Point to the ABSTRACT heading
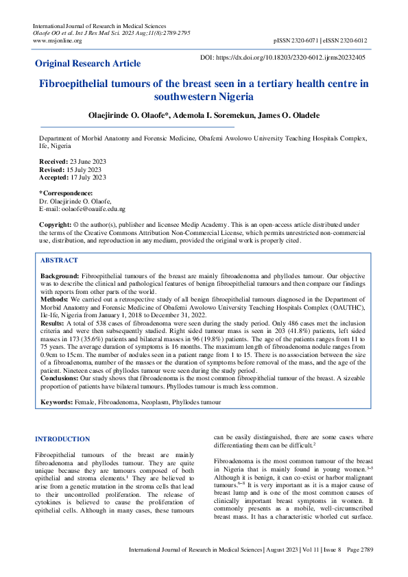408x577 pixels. pyautogui.click(x=59, y=260)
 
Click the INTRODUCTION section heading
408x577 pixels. pyautogui.click(x=62, y=439)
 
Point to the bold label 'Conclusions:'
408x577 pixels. pyautogui.click(x=60, y=358)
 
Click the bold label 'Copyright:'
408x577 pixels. pyautogui.click(x=55, y=225)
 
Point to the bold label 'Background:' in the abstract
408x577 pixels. pyautogui.click(x=60, y=274)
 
